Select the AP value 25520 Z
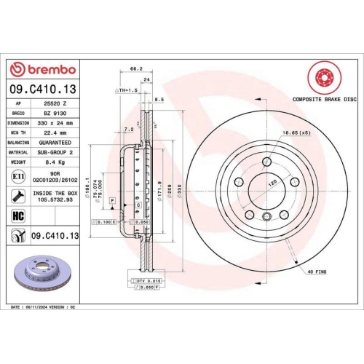click(56, 103)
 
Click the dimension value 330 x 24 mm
click(56, 124)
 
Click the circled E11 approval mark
click(17, 177)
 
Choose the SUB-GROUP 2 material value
click(56, 153)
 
